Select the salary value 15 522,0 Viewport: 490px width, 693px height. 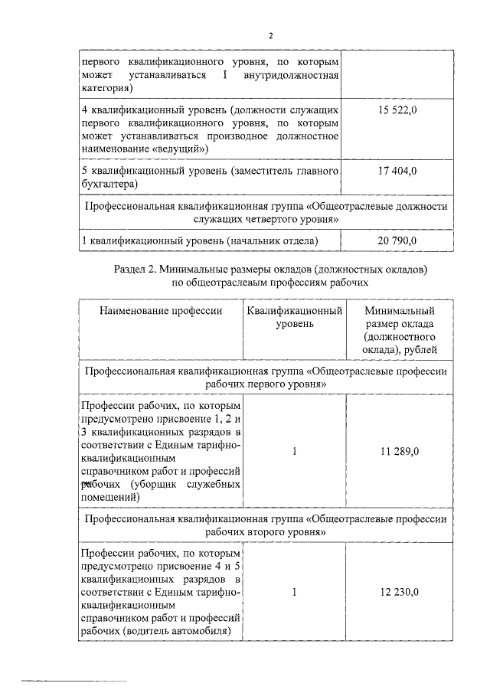[397, 111]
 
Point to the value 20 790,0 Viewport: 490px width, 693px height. [397, 241]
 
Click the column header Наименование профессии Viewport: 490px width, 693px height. [160, 311]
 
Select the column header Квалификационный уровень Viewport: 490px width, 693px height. [294, 318]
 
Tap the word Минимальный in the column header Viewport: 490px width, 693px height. [400, 311]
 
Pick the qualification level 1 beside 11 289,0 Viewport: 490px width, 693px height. [294, 450]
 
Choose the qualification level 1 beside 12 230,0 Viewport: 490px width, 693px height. [294, 592]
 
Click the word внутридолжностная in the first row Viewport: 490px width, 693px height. [289, 74]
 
